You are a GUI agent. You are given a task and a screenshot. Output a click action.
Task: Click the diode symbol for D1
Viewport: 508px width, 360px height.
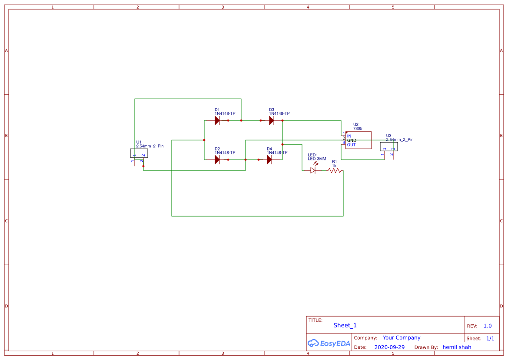tap(217, 120)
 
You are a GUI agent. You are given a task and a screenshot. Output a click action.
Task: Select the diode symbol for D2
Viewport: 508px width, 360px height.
tap(217, 160)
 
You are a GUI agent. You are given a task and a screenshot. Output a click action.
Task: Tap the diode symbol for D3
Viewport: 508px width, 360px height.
tap(272, 120)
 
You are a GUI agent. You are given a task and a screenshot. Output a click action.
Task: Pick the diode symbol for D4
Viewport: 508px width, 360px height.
tap(269, 160)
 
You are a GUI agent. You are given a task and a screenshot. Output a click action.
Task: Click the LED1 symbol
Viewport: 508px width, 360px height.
tap(313, 170)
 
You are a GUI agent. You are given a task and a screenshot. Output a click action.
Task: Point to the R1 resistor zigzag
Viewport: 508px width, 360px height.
tap(335, 170)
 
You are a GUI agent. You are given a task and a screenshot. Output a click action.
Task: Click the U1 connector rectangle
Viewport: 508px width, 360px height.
tap(139, 153)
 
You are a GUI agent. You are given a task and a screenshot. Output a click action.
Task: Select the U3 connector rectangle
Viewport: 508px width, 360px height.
tap(389, 147)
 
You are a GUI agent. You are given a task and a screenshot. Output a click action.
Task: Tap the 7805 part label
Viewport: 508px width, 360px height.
tap(358, 129)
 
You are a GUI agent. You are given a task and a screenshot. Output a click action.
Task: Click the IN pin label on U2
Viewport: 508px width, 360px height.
tap(349, 136)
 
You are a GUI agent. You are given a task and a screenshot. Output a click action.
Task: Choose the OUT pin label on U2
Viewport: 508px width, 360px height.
tap(351, 145)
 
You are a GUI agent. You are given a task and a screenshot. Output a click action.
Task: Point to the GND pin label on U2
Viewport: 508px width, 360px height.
tap(352, 140)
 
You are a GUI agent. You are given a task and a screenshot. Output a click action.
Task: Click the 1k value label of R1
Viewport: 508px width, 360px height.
tap(334, 166)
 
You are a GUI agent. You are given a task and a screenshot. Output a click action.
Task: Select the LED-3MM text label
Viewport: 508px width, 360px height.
tap(317, 159)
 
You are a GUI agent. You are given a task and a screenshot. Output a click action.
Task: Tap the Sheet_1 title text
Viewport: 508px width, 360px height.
tap(345, 325)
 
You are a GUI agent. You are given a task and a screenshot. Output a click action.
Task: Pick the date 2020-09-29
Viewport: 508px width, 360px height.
tap(389, 347)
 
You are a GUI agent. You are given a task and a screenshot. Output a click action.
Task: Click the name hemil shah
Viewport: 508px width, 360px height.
tap(457, 347)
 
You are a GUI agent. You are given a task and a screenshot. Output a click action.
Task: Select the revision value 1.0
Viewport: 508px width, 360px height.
tap(488, 326)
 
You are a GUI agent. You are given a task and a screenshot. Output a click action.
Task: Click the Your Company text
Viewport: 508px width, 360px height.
tap(402, 337)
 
